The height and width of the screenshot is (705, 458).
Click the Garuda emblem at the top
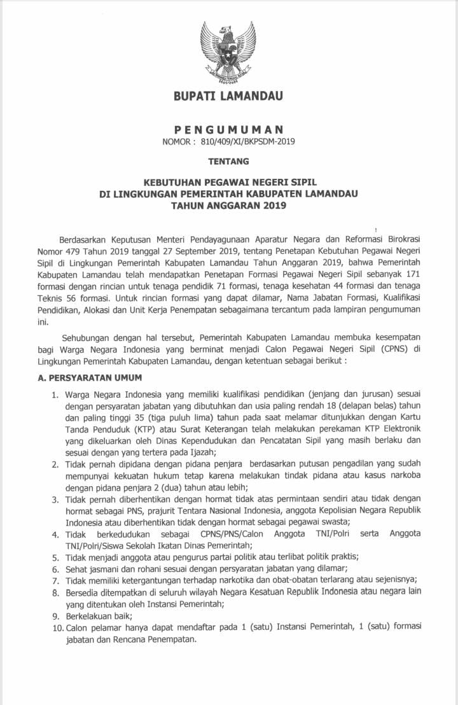click(228, 53)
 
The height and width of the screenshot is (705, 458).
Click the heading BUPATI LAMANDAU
click(228, 97)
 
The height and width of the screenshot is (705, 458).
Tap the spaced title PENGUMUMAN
click(228, 129)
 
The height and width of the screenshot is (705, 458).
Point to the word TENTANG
click(228, 162)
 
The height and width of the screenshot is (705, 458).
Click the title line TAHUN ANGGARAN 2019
click(228, 205)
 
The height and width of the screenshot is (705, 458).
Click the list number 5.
click(56, 556)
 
